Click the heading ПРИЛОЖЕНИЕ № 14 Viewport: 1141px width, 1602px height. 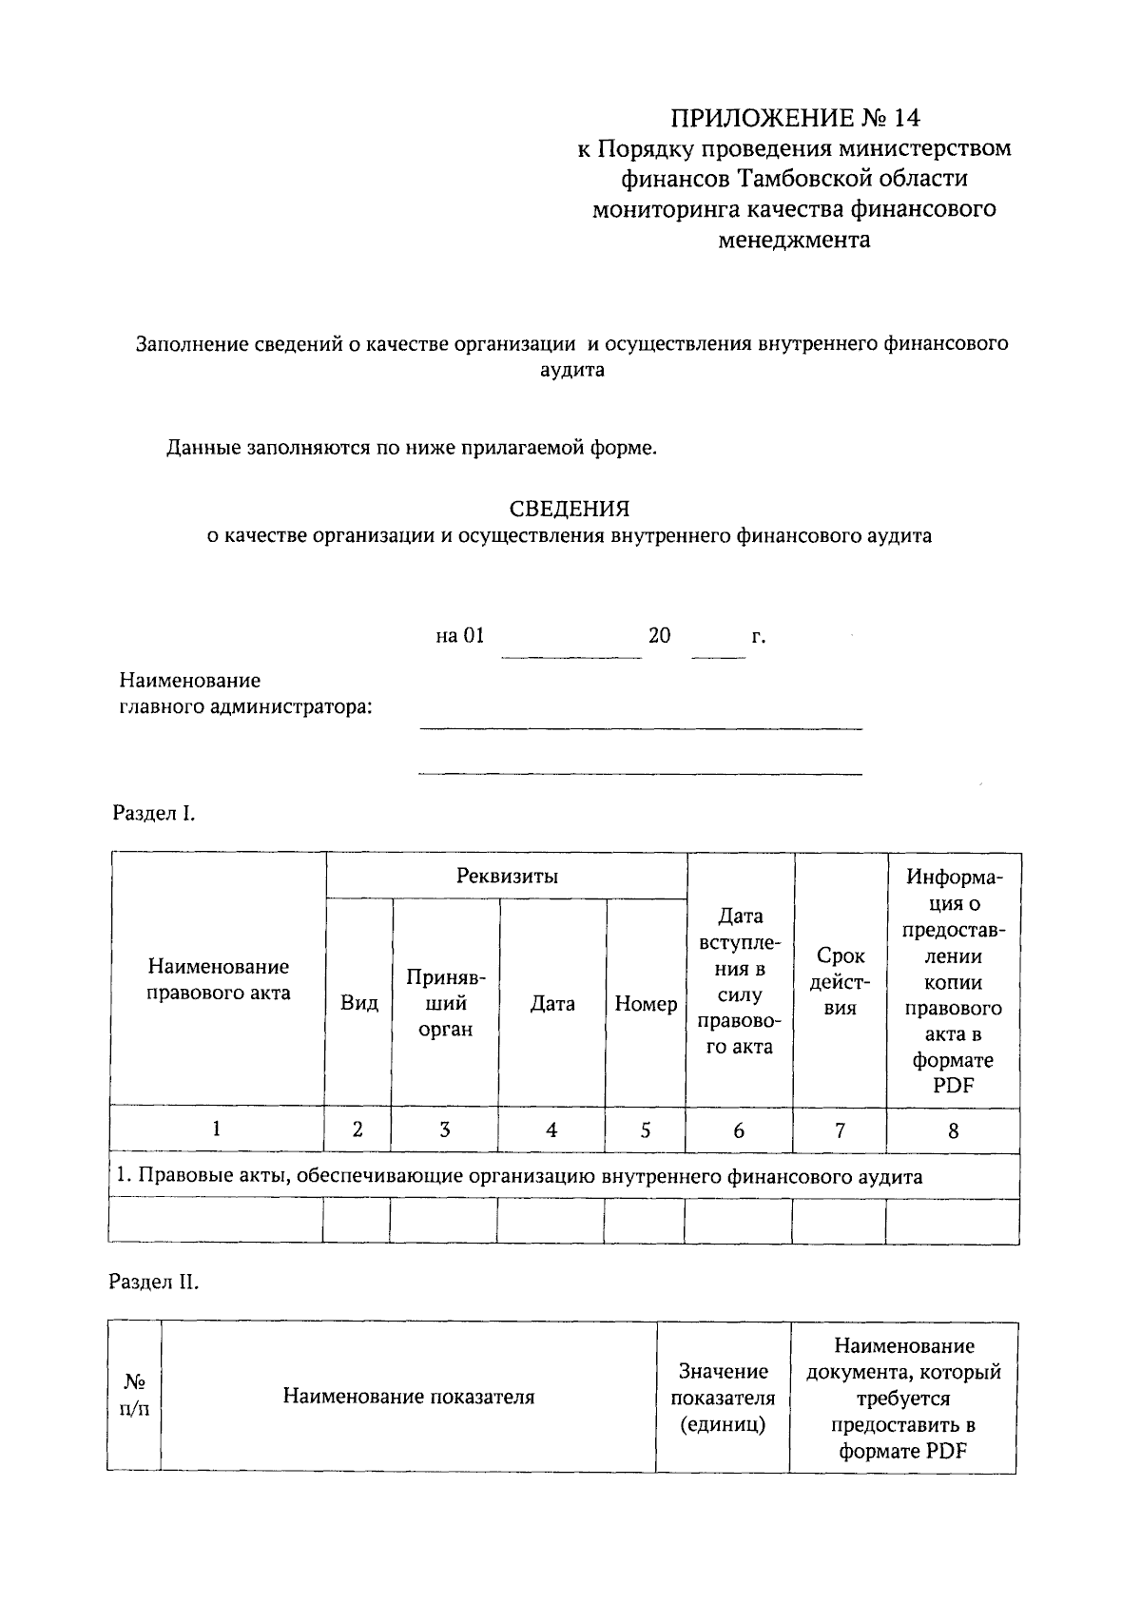(x=796, y=118)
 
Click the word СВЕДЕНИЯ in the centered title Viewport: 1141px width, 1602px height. (x=570, y=509)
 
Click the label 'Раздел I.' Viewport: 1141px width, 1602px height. (x=153, y=813)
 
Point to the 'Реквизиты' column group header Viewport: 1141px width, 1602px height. (x=506, y=876)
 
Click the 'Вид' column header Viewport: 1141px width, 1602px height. (x=358, y=1003)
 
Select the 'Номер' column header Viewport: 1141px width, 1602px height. (x=646, y=1003)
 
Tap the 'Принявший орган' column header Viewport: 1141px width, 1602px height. (x=445, y=1003)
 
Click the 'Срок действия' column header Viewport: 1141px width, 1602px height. (x=840, y=982)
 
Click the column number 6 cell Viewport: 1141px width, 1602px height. (x=739, y=1130)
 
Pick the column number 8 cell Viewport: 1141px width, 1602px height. (x=953, y=1130)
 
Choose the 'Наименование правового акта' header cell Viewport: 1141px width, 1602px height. (x=218, y=979)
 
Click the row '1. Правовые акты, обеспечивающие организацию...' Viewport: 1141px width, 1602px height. (x=518, y=1176)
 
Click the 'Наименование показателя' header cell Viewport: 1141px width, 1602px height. (x=408, y=1397)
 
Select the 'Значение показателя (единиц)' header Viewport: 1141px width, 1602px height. (x=723, y=1398)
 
